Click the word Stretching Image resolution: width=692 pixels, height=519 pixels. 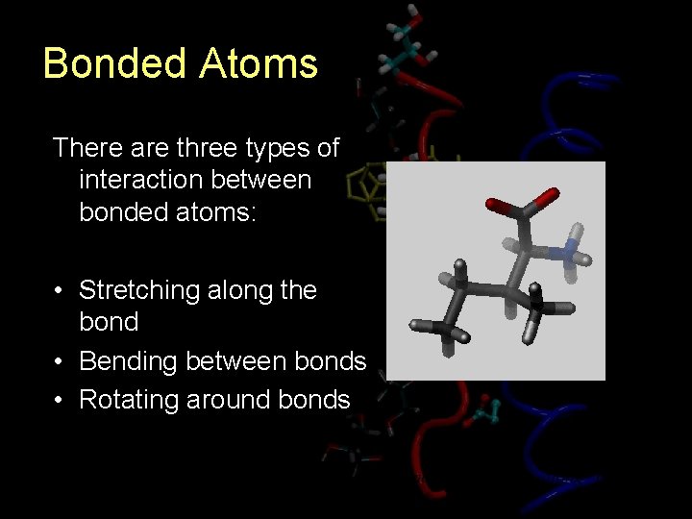pos(144,290)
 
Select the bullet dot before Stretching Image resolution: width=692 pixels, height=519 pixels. pos(59,291)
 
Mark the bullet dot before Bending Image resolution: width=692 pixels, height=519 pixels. pos(59,362)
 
